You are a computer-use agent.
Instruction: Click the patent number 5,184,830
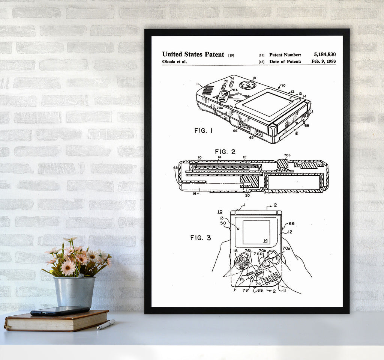325,54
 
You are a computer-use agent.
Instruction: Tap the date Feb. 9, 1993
324,61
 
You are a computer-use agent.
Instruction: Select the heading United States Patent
193,54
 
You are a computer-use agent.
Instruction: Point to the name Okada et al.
174,62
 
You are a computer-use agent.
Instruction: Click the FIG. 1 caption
204,131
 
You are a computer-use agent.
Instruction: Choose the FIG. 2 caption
225,152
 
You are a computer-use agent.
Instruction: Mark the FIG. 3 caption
201,238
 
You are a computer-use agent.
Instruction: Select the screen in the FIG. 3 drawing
256,232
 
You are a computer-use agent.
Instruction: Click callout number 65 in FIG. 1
251,137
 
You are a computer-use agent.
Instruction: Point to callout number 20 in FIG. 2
247,195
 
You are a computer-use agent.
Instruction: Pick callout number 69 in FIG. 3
260,290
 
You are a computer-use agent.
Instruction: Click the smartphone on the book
60,310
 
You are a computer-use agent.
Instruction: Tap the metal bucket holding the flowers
75,292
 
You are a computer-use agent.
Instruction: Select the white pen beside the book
106,324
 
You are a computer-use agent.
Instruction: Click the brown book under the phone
57,321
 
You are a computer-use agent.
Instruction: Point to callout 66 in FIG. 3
291,223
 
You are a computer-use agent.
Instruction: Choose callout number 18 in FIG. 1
254,78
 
